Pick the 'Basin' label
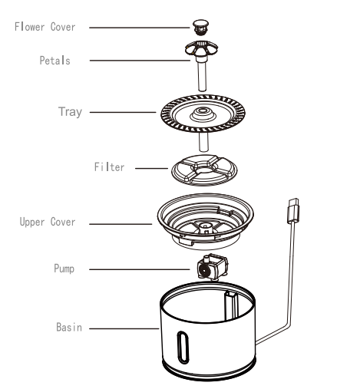tap(68, 327)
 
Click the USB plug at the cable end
tap(292, 209)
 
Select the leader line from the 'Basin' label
tap(123, 328)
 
